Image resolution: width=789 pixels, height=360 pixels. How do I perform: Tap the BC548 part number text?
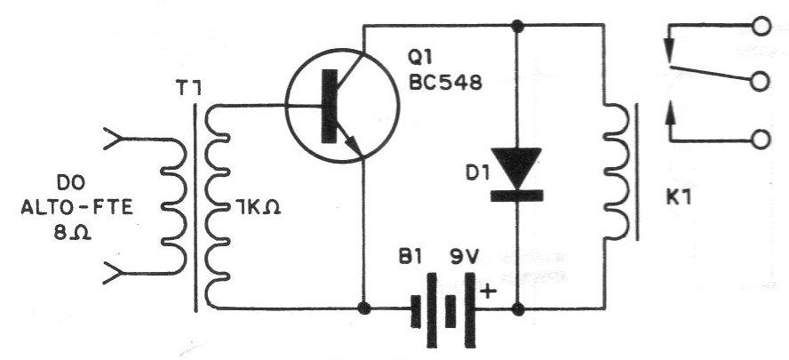445,83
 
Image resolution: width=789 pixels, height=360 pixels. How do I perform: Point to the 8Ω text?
73,233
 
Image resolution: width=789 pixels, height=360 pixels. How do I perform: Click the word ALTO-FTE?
77,207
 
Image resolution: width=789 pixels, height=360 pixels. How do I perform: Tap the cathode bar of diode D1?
516,196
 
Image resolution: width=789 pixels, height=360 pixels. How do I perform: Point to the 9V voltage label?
459,260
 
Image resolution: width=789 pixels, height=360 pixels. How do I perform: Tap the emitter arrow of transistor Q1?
350,143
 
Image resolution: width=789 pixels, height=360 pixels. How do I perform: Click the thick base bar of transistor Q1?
329,107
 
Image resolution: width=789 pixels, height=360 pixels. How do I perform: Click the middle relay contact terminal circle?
761,81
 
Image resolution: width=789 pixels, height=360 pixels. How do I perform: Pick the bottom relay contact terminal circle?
761,140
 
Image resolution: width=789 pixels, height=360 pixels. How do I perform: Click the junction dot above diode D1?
517,24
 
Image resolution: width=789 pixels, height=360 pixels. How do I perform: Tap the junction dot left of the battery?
363,308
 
